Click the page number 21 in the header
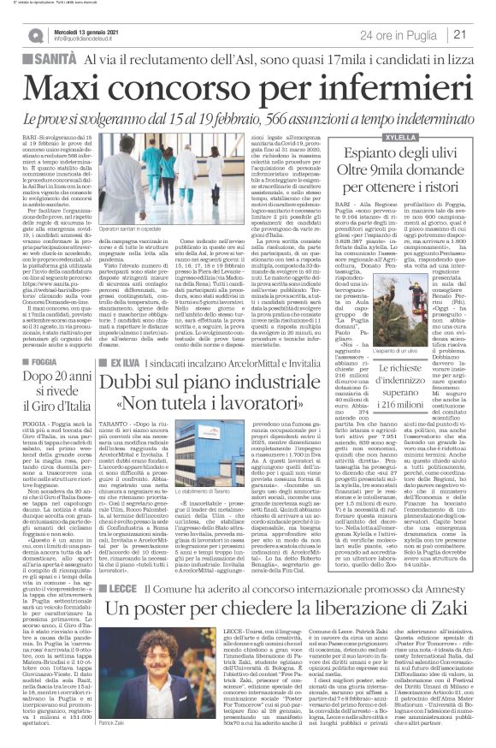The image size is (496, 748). (481, 33)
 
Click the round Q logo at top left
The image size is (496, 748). (36, 34)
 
